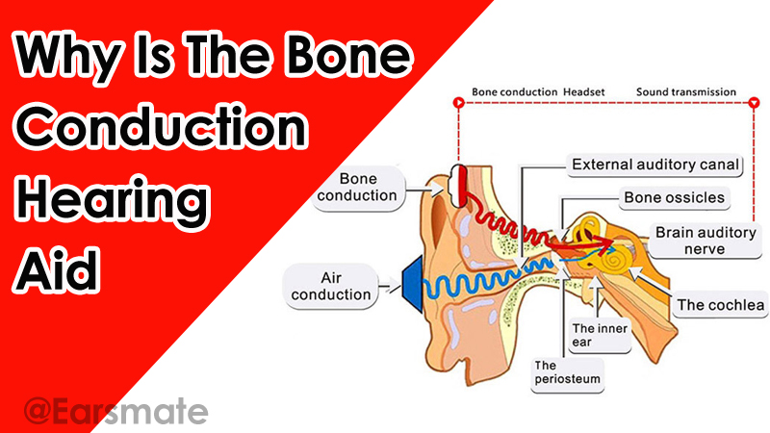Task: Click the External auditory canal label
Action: point(656,166)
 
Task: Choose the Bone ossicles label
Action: point(674,198)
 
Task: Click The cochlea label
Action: point(720,307)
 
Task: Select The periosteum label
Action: point(568,372)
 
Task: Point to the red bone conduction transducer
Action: point(461,182)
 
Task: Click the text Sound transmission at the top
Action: point(685,93)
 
